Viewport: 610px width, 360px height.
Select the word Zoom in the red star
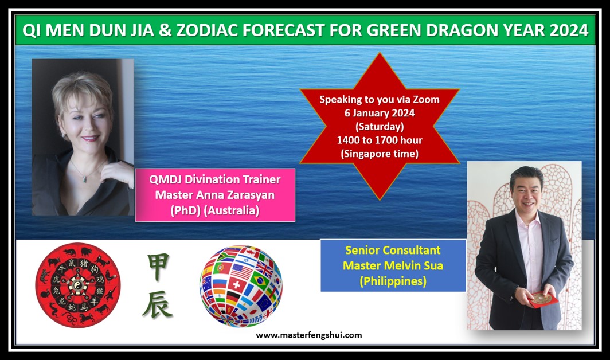click(426, 100)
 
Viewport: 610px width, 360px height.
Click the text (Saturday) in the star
click(380, 127)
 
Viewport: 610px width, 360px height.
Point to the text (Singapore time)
click(380, 154)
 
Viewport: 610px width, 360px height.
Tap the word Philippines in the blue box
click(393, 281)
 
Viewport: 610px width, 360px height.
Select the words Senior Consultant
click(393, 250)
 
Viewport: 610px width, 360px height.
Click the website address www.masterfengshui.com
click(309, 335)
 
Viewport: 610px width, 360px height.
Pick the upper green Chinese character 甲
click(158, 267)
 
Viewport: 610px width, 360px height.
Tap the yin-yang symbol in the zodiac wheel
click(78, 285)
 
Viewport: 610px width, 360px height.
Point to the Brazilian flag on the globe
click(259, 280)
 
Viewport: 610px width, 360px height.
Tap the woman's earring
click(63, 135)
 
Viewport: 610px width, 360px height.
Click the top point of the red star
click(380, 53)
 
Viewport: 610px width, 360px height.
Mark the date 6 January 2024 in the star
click(380, 114)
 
